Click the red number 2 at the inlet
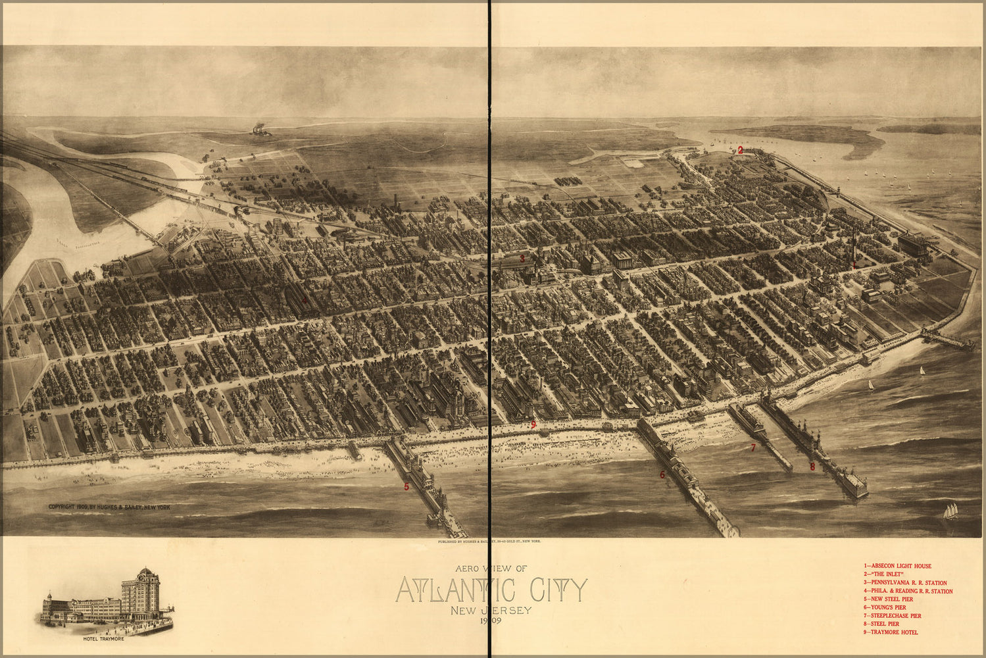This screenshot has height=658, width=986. click(740, 150)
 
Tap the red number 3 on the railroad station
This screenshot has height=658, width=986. click(522, 259)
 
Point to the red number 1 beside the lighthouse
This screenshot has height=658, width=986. click(854, 265)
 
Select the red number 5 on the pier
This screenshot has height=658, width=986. click(407, 487)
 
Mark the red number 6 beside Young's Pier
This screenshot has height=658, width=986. click(662, 474)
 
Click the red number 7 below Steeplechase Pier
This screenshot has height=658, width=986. click(754, 448)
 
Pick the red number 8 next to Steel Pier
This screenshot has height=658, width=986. click(812, 467)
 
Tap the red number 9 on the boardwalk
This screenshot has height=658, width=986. click(533, 424)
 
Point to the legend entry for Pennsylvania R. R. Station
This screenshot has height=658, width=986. click(905, 582)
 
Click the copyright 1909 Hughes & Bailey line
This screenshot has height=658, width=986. click(109, 507)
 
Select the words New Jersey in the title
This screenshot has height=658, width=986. click(491, 610)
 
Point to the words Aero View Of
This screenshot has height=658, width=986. click(491, 568)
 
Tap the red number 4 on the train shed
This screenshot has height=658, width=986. click(304, 301)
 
